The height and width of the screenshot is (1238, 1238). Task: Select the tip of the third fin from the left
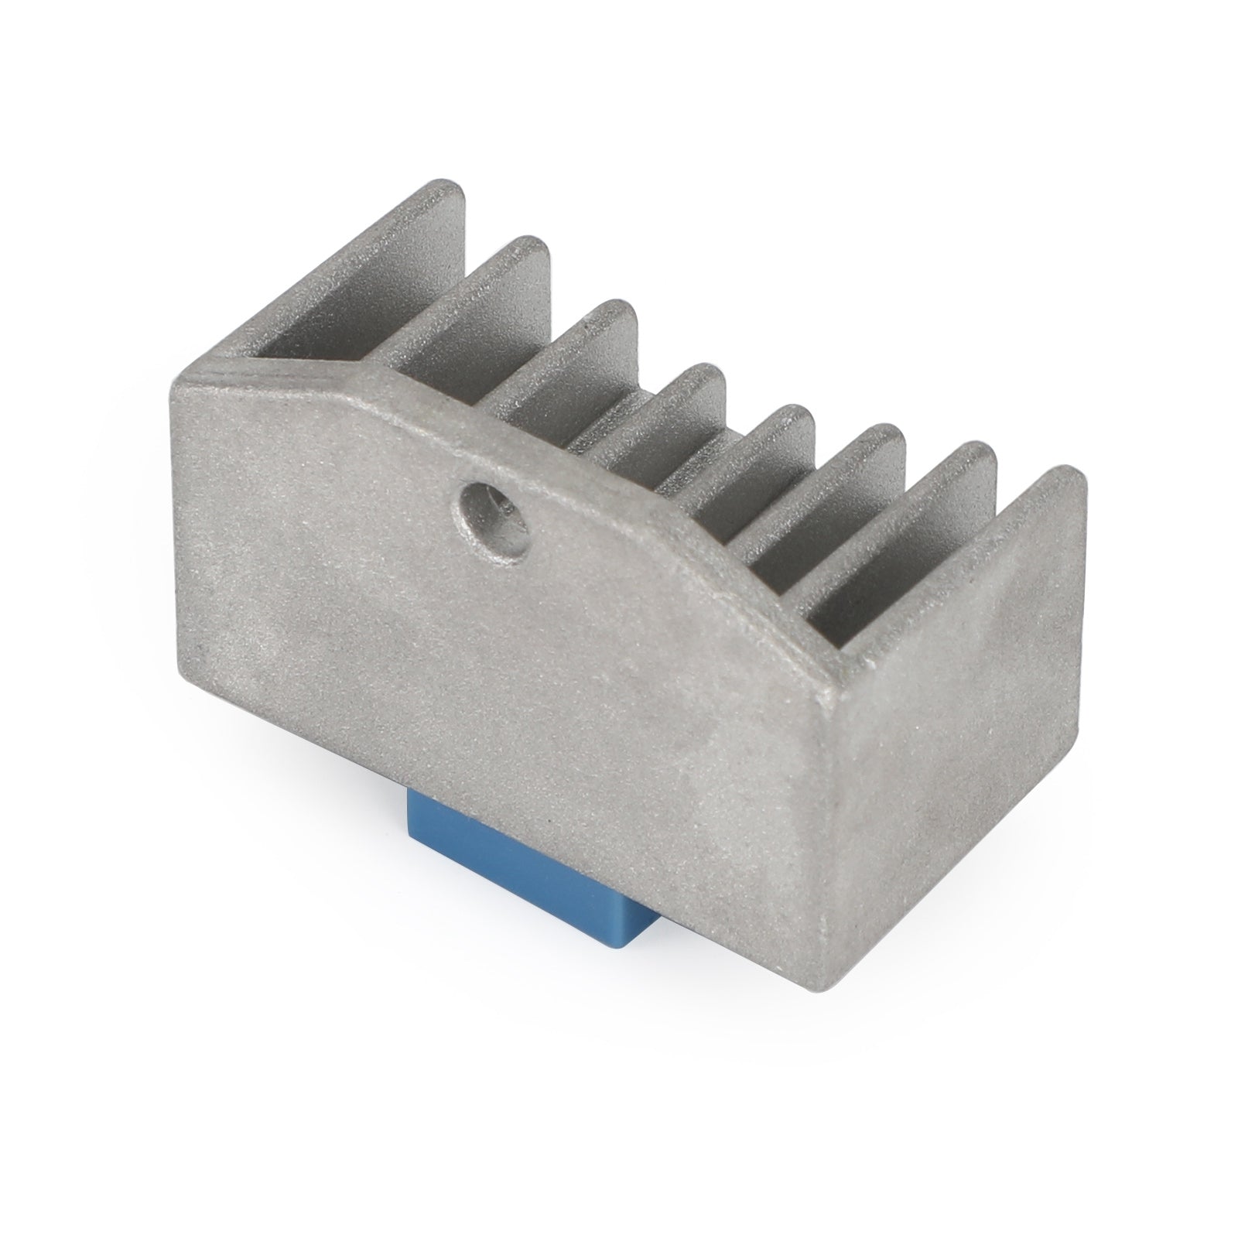pyautogui.click(x=615, y=309)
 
